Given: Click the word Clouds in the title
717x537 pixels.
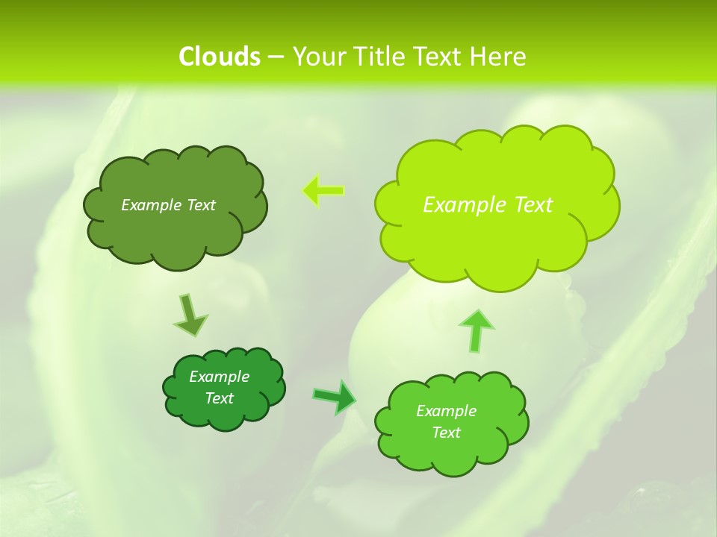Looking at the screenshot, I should (219, 57).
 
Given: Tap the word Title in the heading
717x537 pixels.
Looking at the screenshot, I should (380, 57).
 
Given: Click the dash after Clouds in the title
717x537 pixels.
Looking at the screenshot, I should (275, 57).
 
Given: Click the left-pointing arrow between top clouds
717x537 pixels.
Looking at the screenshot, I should (323, 191).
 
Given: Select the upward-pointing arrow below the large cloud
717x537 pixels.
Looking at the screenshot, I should (477, 330).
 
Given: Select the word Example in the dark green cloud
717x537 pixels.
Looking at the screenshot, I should (219, 377).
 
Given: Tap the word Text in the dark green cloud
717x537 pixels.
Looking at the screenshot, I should (219, 398).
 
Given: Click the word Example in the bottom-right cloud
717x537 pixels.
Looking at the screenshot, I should (446, 411).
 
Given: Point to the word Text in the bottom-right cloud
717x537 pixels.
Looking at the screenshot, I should (446, 433).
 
